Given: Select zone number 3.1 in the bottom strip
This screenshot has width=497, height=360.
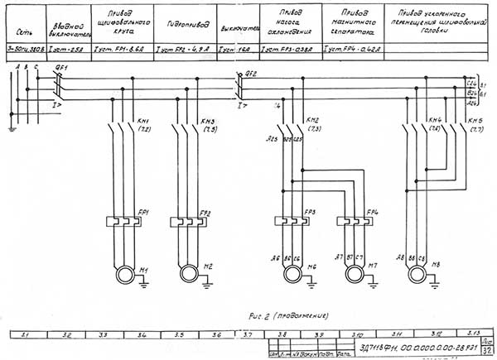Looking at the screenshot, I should [x=25, y=334].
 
